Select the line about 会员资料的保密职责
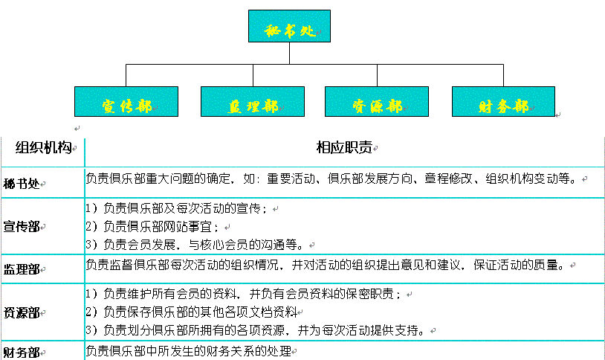point(245,295)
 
